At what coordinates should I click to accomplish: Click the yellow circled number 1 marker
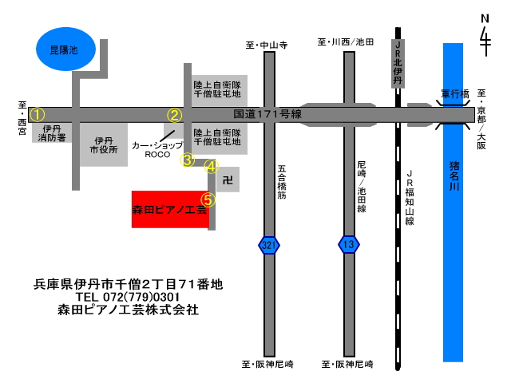click(38, 115)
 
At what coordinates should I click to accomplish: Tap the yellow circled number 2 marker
click(175, 115)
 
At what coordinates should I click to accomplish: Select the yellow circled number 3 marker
click(188, 160)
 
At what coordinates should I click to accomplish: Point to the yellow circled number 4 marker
click(211, 167)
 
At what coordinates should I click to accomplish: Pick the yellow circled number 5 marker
click(208, 200)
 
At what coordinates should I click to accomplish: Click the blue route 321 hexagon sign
click(269, 245)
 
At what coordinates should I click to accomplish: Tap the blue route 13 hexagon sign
click(349, 244)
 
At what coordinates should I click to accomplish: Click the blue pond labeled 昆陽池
click(65, 49)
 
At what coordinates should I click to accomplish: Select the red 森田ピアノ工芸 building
click(170, 209)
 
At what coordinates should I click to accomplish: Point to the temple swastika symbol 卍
click(228, 180)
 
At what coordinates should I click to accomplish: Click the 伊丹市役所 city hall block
click(104, 145)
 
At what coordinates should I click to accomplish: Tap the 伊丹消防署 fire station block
click(52, 133)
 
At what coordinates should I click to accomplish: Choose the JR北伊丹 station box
click(398, 64)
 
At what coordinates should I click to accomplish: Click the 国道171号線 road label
click(267, 114)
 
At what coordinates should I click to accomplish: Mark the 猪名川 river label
click(454, 176)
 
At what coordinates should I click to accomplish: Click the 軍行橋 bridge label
click(455, 94)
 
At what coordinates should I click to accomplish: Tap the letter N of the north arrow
click(485, 18)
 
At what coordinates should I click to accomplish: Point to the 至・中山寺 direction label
click(267, 45)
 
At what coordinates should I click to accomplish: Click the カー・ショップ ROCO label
click(157, 150)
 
